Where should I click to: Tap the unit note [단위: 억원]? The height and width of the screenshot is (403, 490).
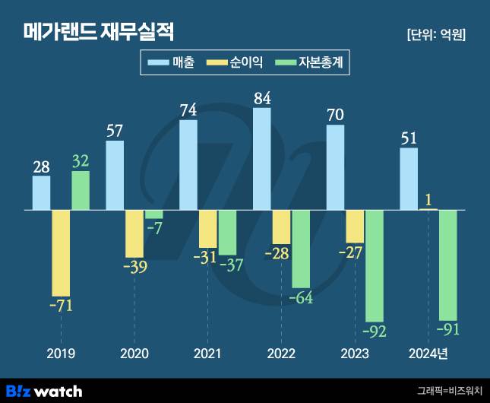coord(436,34)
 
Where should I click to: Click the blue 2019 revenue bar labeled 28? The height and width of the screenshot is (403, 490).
coord(42,192)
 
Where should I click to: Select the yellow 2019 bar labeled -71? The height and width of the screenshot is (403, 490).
coord(61,252)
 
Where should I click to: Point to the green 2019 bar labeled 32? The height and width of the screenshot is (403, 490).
coord(81,190)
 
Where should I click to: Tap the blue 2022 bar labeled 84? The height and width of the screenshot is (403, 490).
coord(262,158)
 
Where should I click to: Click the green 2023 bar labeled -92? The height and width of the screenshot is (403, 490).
coord(375,265)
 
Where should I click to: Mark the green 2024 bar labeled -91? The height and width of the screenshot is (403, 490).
coord(448,265)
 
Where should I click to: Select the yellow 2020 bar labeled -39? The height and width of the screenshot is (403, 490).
coord(134,233)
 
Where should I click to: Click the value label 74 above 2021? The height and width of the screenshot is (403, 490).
coord(188,109)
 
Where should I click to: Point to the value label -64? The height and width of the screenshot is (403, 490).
coord(302,297)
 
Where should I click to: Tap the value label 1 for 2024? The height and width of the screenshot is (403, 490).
coord(429,200)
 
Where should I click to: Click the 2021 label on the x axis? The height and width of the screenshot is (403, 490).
coord(208,354)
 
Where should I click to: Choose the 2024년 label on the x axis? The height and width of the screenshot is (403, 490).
coord(428,354)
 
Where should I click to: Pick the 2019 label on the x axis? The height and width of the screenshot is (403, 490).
coord(61,354)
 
